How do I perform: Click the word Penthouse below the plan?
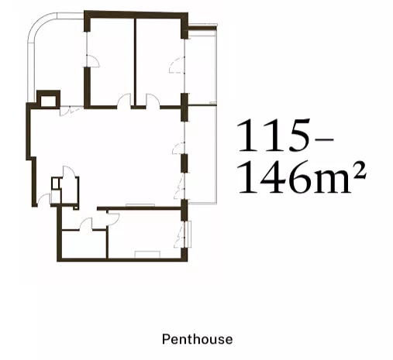[x=197, y=339]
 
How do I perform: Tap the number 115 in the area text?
[x=274, y=135]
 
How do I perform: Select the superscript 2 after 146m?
[x=360, y=170]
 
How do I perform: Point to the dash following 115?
[x=325, y=139]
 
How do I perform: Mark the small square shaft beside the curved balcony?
[x=48, y=99]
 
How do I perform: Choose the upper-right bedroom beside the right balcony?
[x=158, y=62]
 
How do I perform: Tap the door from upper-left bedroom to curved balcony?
[x=92, y=61]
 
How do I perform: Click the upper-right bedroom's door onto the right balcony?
[x=178, y=66]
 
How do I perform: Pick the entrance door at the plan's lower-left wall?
[x=43, y=200]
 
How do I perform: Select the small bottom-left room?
[x=84, y=244]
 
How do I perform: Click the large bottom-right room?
[x=145, y=234]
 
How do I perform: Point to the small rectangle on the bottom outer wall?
[x=147, y=255]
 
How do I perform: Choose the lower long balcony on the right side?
[x=202, y=154]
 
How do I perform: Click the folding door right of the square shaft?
[x=71, y=111]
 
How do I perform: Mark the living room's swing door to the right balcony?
[x=179, y=148]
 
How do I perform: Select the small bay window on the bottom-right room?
[x=188, y=234]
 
